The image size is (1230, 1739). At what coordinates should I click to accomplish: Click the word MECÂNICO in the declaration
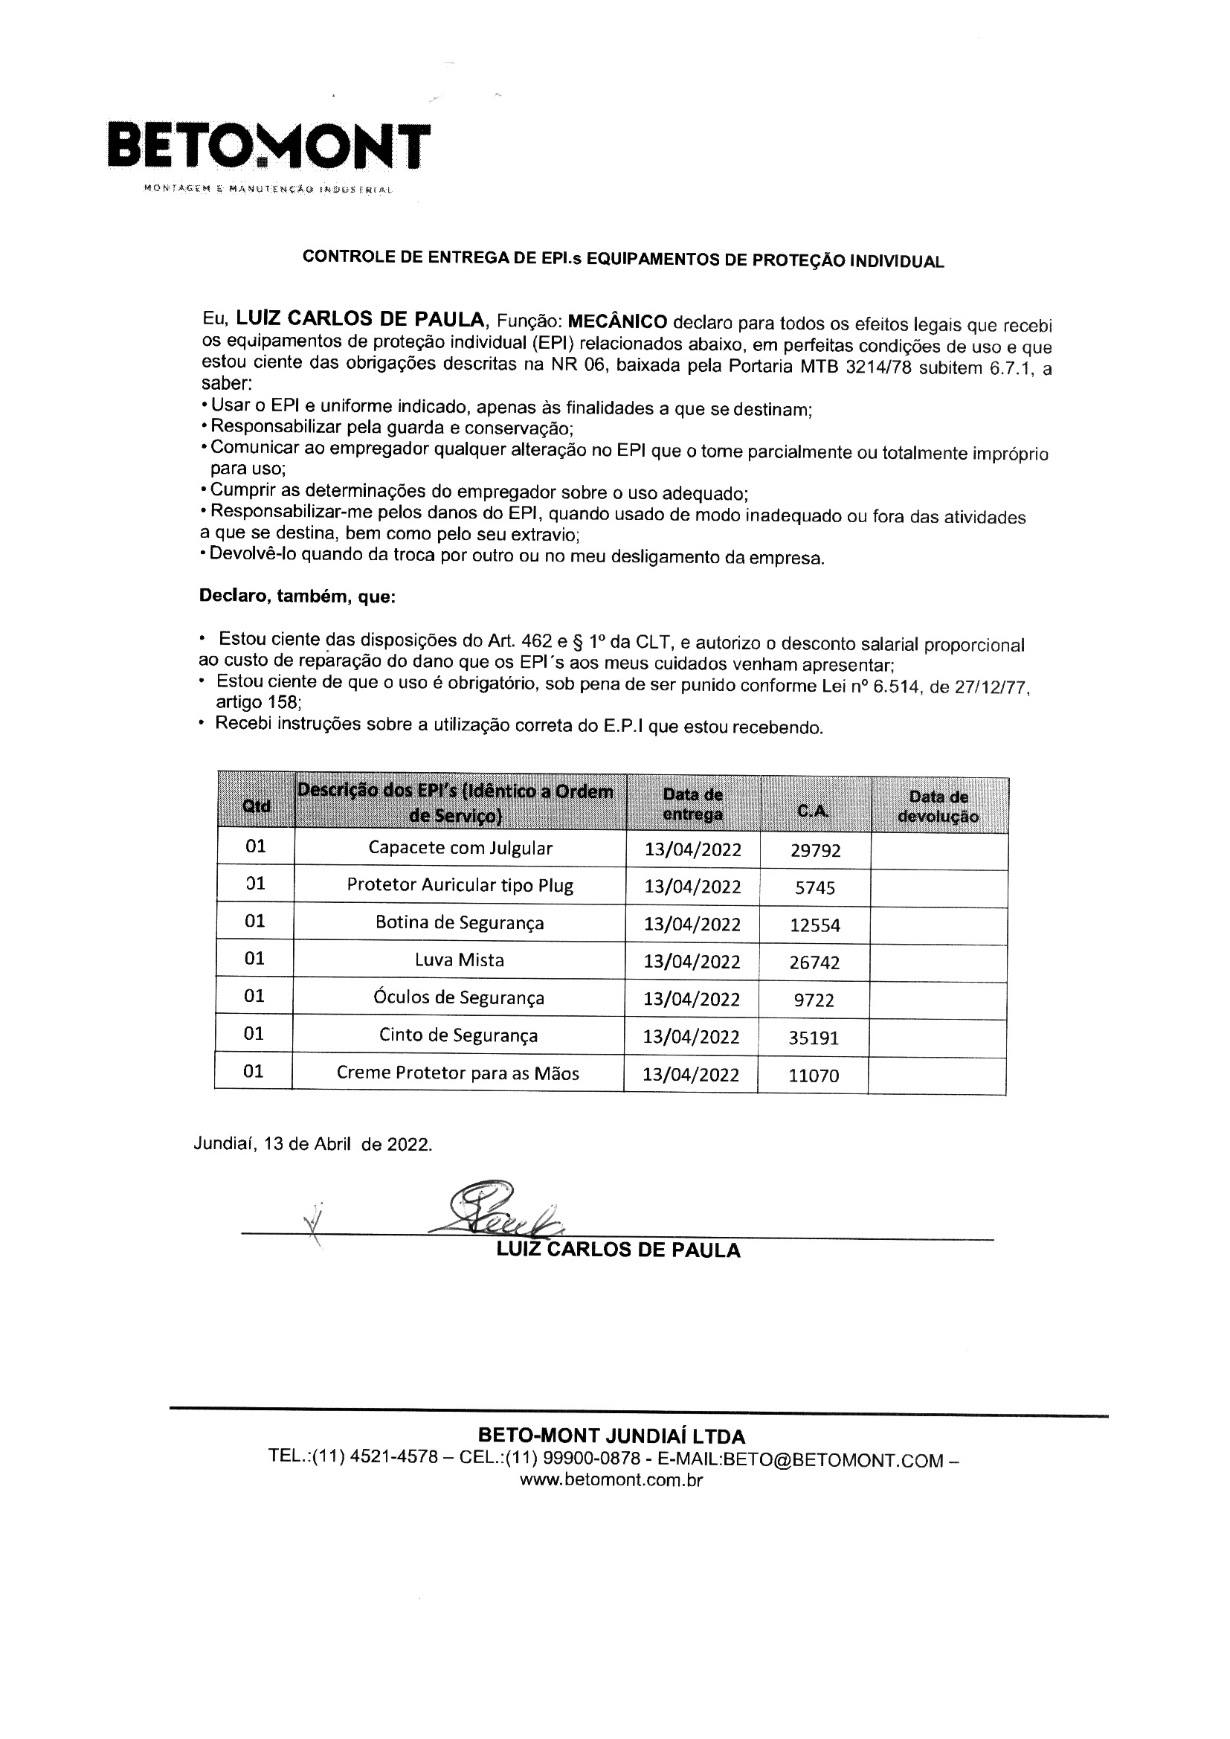(617, 321)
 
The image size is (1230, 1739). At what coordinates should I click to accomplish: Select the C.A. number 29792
(815, 851)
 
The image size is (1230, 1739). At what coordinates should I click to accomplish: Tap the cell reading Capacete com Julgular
(460, 847)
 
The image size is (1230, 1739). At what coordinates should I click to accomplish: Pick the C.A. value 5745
(815, 887)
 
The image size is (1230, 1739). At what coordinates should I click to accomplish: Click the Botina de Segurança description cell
(460, 922)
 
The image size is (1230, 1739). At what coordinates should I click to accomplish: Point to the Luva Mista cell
(459, 959)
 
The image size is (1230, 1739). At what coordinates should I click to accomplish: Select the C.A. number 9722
(814, 1000)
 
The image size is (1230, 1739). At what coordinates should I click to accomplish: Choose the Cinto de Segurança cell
(458, 1035)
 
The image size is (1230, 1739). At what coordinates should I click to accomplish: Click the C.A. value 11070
(814, 1076)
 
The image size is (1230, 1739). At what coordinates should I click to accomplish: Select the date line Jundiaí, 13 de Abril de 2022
(313, 1144)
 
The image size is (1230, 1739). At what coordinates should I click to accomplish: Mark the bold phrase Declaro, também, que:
(297, 596)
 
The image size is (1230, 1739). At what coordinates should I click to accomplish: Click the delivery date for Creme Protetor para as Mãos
(691, 1075)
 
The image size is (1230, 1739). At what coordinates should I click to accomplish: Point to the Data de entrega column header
(692, 804)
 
